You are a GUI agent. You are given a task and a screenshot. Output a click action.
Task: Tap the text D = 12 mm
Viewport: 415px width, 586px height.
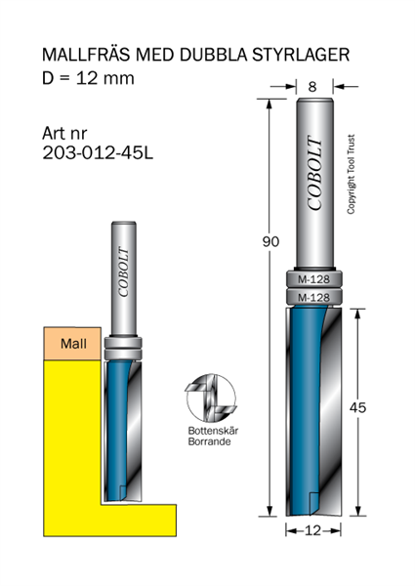click(x=87, y=78)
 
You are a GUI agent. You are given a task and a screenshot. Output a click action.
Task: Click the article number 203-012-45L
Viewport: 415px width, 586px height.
click(x=101, y=152)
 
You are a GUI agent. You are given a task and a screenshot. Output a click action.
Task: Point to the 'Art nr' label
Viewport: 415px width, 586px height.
click(x=66, y=132)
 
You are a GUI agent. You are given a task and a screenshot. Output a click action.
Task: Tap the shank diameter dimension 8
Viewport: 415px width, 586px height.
click(x=312, y=87)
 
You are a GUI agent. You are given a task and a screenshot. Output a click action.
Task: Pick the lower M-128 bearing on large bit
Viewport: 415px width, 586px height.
click(x=312, y=297)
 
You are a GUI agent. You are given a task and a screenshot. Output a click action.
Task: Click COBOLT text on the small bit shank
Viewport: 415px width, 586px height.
click(x=123, y=272)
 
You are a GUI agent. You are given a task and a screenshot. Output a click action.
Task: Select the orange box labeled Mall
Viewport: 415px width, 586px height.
click(x=71, y=343)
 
